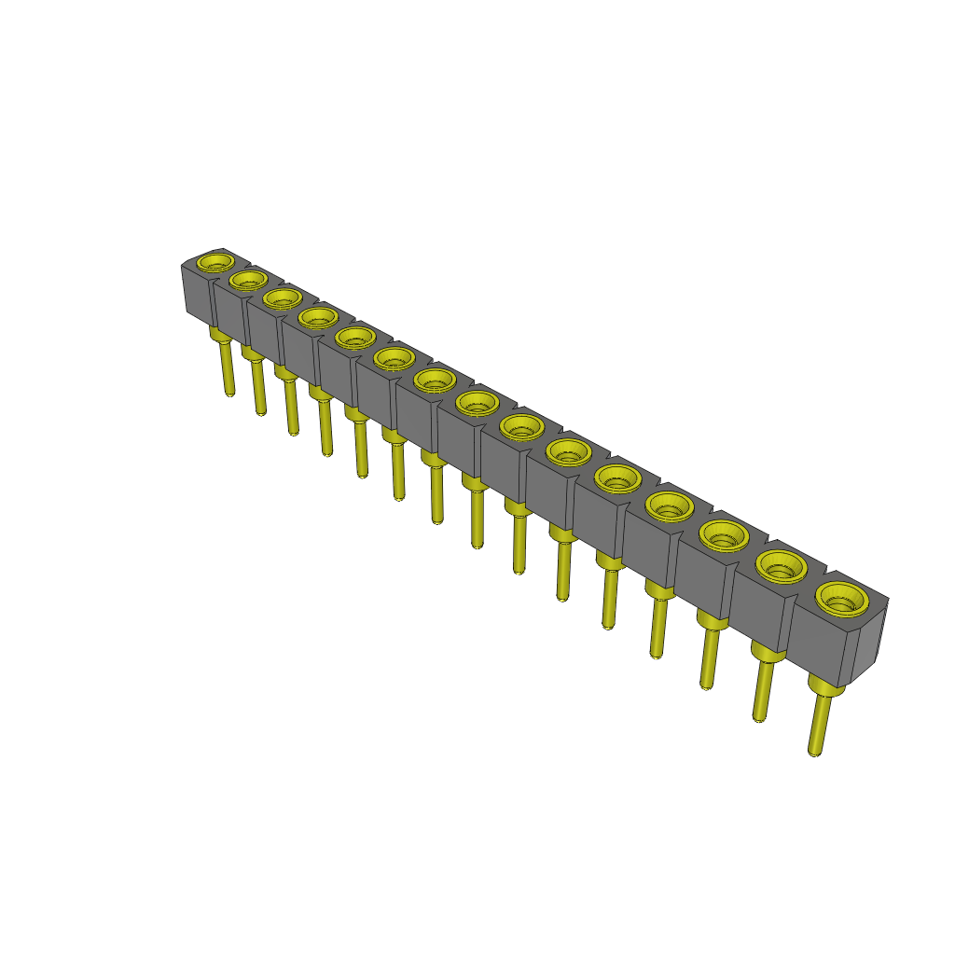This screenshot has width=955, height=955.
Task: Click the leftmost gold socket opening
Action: [218, 261]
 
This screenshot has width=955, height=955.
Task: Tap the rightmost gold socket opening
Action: [842, 598]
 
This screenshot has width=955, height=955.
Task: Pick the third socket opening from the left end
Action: [281, 298]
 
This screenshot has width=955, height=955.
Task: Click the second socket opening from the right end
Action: [781, 565]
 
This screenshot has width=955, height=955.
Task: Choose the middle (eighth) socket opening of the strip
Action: [478, 404]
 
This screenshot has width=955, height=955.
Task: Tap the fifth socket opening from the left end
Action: [355, 337]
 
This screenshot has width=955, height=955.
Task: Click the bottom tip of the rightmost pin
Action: [814, 751]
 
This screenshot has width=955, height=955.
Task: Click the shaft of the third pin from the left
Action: [292, 406]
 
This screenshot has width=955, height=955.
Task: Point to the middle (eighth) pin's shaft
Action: [477, 518]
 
